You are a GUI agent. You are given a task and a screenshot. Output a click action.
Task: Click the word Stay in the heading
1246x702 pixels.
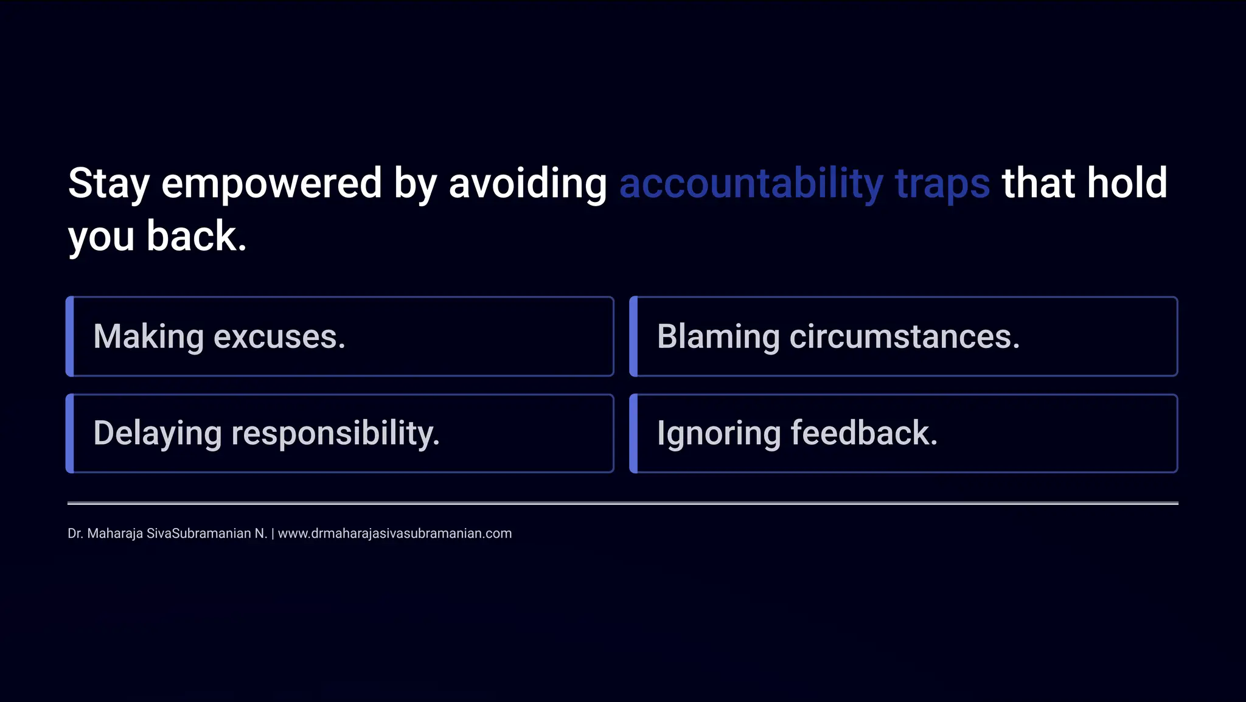pos(108,184)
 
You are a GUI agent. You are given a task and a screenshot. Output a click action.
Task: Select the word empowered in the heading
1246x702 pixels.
pos(271,184)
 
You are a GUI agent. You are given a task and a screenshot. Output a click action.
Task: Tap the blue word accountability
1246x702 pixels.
pos(751,184)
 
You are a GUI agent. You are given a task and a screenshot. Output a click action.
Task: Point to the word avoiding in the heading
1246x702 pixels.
pos(527,184)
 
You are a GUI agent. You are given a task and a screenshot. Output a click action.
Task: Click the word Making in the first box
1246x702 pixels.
pos(148,337)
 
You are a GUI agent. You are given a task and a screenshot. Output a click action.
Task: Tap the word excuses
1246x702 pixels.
pos(279,337)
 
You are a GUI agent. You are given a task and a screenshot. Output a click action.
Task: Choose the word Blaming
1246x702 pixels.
pos(718,337)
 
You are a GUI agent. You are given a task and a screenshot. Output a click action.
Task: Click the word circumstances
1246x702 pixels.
pos(904,337)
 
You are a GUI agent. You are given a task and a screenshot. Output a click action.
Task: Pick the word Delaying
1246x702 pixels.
pos(157,434)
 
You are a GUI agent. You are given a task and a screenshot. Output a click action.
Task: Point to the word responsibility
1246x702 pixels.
pos(335,434)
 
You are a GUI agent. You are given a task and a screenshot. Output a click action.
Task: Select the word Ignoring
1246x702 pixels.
pos(719,434)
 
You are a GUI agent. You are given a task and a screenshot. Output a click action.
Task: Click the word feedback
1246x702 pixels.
pos(864,433)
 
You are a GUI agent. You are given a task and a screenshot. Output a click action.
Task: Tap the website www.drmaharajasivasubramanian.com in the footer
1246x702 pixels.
pos(394,533)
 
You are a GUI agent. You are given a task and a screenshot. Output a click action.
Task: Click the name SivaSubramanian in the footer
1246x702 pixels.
pos(198,533)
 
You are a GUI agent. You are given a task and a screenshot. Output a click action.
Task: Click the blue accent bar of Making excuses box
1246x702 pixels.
pos(70,336)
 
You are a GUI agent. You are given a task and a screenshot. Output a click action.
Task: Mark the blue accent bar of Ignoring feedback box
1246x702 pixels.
pos(633,433)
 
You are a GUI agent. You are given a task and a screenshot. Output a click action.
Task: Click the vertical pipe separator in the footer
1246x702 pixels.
pos(273,533)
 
